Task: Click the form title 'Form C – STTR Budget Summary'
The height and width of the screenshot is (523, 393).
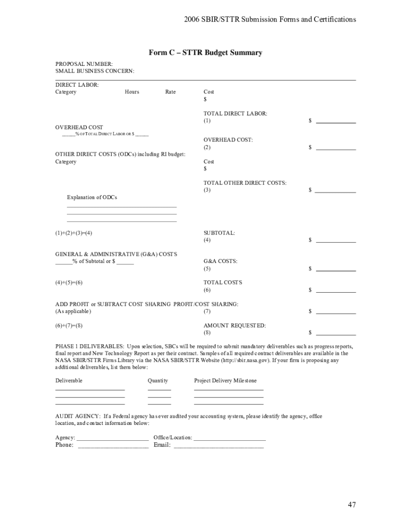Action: coord(205,53)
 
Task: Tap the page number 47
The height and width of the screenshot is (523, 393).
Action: coord(352,505)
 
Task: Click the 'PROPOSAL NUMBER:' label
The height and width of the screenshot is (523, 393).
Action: coord(84,64)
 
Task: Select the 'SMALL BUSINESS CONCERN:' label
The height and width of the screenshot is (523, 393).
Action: coord(95,71)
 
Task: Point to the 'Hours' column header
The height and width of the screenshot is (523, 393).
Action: coord(132,92)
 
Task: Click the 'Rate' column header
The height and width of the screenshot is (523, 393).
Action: coord(170,92)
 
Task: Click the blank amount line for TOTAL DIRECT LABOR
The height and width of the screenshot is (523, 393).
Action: coord(336,122)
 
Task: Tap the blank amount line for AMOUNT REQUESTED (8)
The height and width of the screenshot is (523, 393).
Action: coord(336,334)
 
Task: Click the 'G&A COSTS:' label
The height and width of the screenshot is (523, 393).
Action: coord(220,261)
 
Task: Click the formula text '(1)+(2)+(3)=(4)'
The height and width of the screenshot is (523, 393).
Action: coord(74,233)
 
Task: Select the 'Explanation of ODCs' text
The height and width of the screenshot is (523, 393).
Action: coord(92,198)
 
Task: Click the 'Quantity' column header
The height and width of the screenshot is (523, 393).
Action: coord(158,381)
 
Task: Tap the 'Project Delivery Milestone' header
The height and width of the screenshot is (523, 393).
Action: coord(226,381)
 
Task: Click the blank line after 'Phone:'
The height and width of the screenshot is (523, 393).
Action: coord(113,446)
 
